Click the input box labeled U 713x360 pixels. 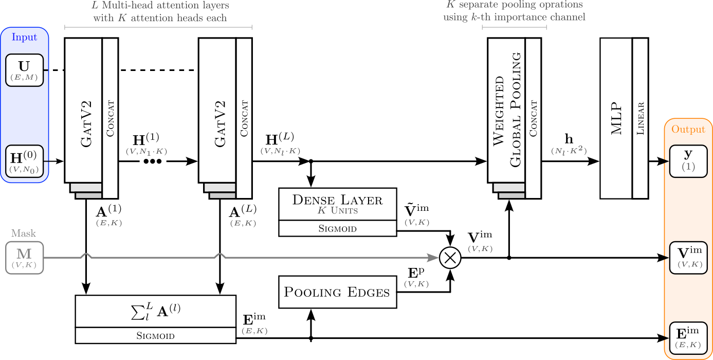pos(24,70)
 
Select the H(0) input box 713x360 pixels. pos(24,160)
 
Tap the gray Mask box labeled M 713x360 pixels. pos(24,257)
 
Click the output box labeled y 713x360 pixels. pos(688,160)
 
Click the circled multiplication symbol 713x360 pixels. pos(450,258)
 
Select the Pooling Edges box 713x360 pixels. pos(337,293)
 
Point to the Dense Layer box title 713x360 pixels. pos(337,200)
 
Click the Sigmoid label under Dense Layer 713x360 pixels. pos(337,228)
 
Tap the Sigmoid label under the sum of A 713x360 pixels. pos(155,336)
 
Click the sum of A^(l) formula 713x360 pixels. pos(155,311)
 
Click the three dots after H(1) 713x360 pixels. pos(153,161)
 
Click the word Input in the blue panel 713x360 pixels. pos(24,38)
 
